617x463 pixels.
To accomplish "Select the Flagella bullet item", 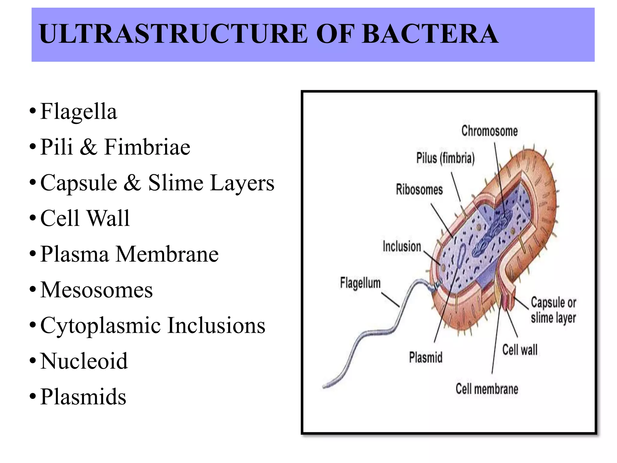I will (x=78, y=112).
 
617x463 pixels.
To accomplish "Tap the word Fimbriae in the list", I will (x=147, y=147).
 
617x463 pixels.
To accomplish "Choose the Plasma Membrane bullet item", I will (x=129, y=254).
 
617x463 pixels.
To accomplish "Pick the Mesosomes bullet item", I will (x=96, y=290).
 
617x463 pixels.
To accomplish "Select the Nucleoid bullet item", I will (x=84, y=361).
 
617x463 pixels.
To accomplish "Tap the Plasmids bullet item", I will (x=83, y=396).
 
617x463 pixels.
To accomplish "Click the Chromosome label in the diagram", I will (x=489, y=131).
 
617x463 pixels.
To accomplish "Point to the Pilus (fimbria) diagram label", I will (x=445, y=158).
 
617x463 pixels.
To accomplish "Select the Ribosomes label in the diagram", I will (x=419, y=190).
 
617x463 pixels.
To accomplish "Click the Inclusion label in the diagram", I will (x=402, y=247).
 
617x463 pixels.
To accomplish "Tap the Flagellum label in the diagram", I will (x=360, y=283).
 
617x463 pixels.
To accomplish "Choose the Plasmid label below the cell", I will (x=426, y=357).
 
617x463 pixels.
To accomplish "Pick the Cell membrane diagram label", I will (x=487, y=389).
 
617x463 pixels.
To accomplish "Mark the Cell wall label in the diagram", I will (x=520, y=350).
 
